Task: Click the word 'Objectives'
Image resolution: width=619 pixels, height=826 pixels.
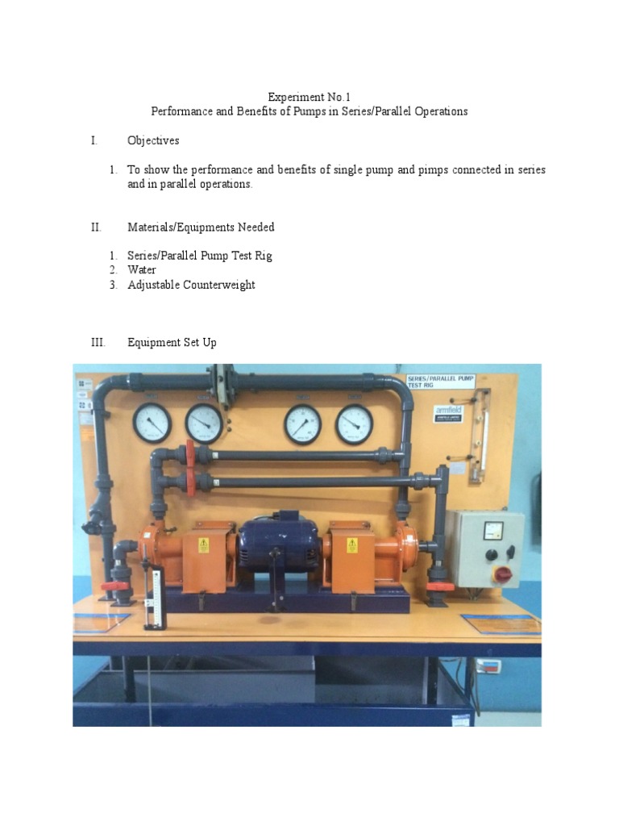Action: tap(153, 140)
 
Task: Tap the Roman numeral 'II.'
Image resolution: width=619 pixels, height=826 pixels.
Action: tap(96, 227)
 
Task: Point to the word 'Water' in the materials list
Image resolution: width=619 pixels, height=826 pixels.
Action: tap(142, 270)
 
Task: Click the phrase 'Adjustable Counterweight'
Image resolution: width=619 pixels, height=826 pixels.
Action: tap(191, 285)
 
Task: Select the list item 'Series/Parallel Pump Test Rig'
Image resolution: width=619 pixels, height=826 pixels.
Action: tap(200, 256)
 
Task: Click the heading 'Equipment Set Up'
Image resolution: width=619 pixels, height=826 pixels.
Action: tap(172, 342)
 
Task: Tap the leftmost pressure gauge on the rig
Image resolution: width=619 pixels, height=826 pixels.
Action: tap(152, 423)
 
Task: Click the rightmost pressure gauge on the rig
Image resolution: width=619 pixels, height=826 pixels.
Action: tap(355, 423)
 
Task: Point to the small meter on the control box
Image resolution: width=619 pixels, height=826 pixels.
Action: tap(492, 531)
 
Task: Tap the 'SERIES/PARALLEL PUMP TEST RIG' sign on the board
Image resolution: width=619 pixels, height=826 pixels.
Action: tap(441, 382)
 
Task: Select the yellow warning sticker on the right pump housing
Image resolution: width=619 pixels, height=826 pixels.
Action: tap(352, 545)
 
